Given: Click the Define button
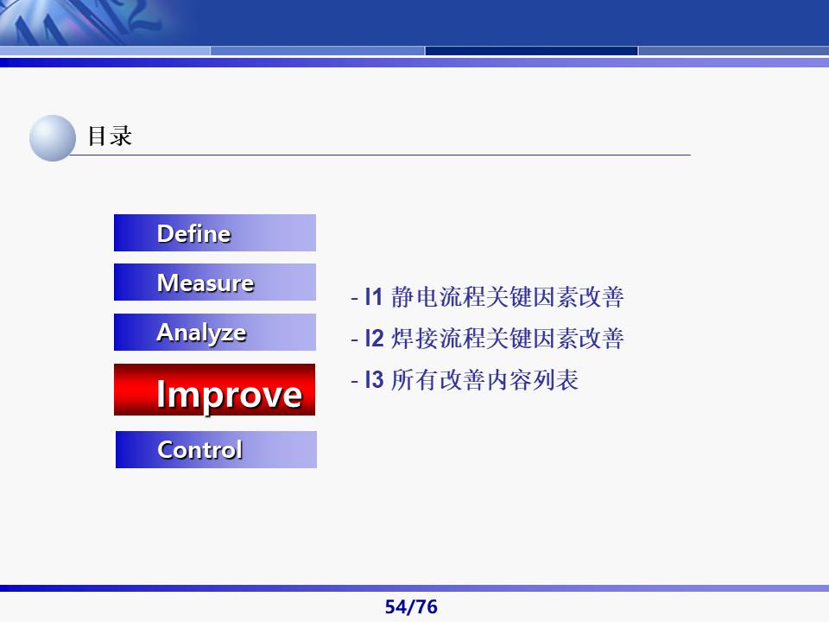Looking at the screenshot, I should pyautogui.click(x=215, y=233).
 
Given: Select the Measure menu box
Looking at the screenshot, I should pyautogui.click(x=215, y=282).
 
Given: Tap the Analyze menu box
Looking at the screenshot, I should pyautogui.click(x=215, y=333).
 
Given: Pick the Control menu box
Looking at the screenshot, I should pyautogui.click(x=216, y=449).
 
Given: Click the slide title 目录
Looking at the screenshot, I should pyautogui.click(x=110, y=136).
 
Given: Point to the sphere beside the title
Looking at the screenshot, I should pyautogui.click(x=53, y=138).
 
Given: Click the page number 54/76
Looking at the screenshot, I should pyautogui.click(x=411, y=607).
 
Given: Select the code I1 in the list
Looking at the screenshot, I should pyautogui.click(x=373, y=298).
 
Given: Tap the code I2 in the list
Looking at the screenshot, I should pyautogui.click(x=373, y=339).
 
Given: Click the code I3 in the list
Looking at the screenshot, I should pyautogui.click(x=373, y=379).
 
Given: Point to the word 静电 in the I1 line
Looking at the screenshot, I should pyautogui.click(x=414, y=298).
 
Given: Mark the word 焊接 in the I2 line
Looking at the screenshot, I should pyautogui.click(x=414, y=339).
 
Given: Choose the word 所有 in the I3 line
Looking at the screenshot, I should pyautogui.click(x=414, y=379).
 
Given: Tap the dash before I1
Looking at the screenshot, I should pyautogui.click(x=354, y=299).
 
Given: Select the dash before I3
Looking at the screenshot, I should pyautogui.click(x=354, y=380).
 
